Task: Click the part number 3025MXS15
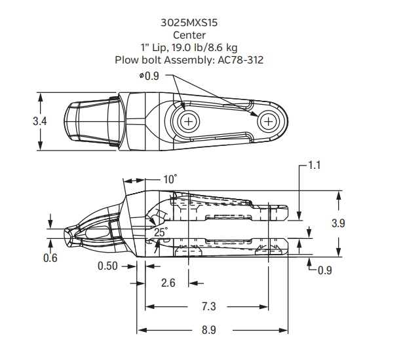189,22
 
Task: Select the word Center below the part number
189,34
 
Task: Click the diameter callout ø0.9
149,76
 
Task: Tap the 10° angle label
170,179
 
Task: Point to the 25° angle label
161,232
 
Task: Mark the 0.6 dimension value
50,258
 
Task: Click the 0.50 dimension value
108,266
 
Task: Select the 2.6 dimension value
167,283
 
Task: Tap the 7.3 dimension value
208,306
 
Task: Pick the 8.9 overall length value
208,330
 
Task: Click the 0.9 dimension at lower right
325,270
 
